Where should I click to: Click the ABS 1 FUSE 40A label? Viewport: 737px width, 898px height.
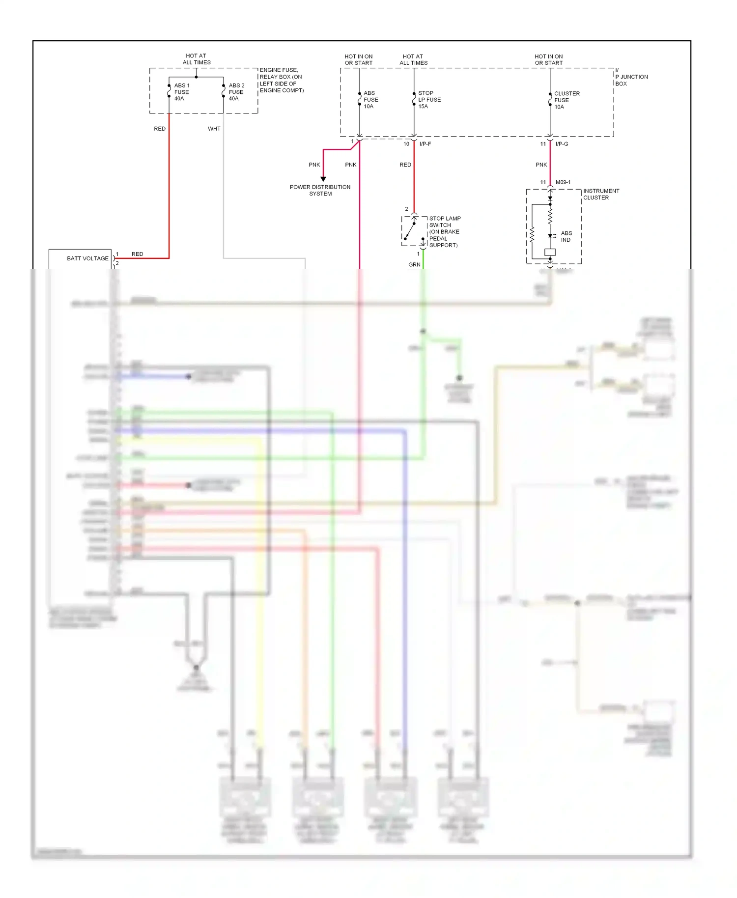point(181,92)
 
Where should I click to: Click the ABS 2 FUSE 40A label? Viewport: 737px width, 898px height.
point(236,92)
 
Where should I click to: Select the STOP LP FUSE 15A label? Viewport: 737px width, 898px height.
point(429,100)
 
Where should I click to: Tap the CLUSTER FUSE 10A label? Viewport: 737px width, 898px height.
point(566,100)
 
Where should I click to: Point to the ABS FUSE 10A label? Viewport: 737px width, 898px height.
point(370,100)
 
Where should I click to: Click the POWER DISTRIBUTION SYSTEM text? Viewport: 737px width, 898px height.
point(320,190)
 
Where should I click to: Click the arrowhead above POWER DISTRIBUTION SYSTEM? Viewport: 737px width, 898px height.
point(323,179)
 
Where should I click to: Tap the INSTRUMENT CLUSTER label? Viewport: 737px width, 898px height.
point(600,194)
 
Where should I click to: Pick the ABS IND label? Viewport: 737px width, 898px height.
point(566,236)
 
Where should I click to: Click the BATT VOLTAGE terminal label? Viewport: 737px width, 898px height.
point(87,258)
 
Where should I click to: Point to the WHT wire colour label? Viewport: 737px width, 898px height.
point(214,129)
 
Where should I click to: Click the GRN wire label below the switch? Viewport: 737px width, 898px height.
point(414,264)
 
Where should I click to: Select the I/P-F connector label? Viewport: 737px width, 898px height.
point(425,144)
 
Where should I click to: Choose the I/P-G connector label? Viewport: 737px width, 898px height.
point(562,144)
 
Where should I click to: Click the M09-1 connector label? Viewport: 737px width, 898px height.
point(563,182)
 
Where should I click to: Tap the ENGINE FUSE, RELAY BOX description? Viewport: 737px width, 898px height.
point(281,80)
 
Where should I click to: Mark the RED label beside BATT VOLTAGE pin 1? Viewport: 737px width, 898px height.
point(137,254)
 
